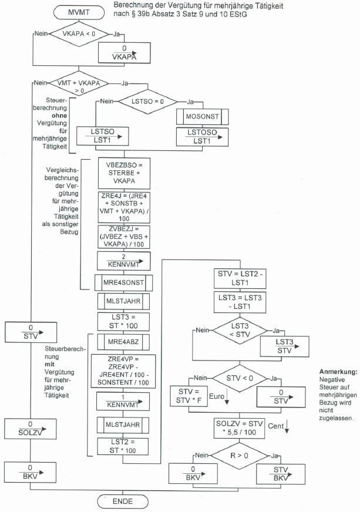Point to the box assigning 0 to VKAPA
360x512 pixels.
point(123,53)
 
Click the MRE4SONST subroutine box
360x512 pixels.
point(124,282)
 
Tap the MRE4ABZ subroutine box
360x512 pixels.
point(124,342)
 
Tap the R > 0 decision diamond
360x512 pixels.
point(240,455)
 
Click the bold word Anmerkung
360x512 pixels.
point(338,372)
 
